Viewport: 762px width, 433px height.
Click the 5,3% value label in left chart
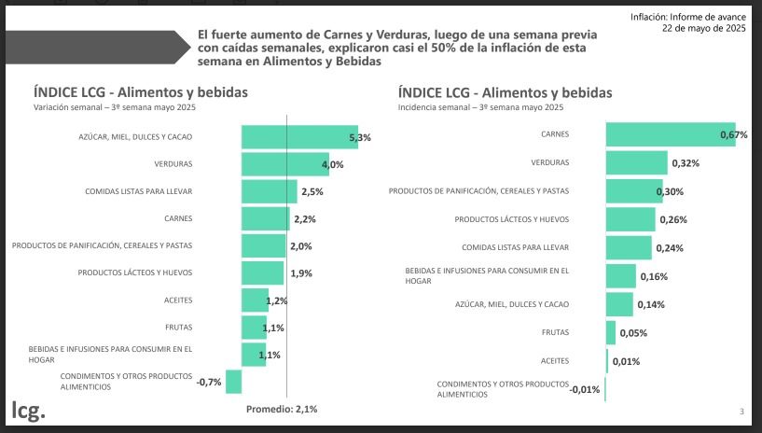[x=360, y=137]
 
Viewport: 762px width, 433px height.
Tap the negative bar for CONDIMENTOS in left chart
[x=233, y=382]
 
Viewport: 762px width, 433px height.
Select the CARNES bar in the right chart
[x=670, y=134]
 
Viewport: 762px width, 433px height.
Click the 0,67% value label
[x=733, y=135]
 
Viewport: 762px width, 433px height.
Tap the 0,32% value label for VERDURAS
[x=685, y=163]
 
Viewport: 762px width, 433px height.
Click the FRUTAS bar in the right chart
[x=611, y=333]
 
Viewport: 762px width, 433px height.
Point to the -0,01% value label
[x=586, y=389]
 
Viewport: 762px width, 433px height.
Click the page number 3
[x=741, y=412]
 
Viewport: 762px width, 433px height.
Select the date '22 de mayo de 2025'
[x=704, y=29]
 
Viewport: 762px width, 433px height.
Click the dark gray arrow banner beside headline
[x=93, y=48]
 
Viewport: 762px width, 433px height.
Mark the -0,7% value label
[x=208, y=382]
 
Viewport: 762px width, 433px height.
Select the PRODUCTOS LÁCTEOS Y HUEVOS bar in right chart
[x=630, y=220]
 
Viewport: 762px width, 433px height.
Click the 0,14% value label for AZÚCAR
[x=651, y=304]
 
